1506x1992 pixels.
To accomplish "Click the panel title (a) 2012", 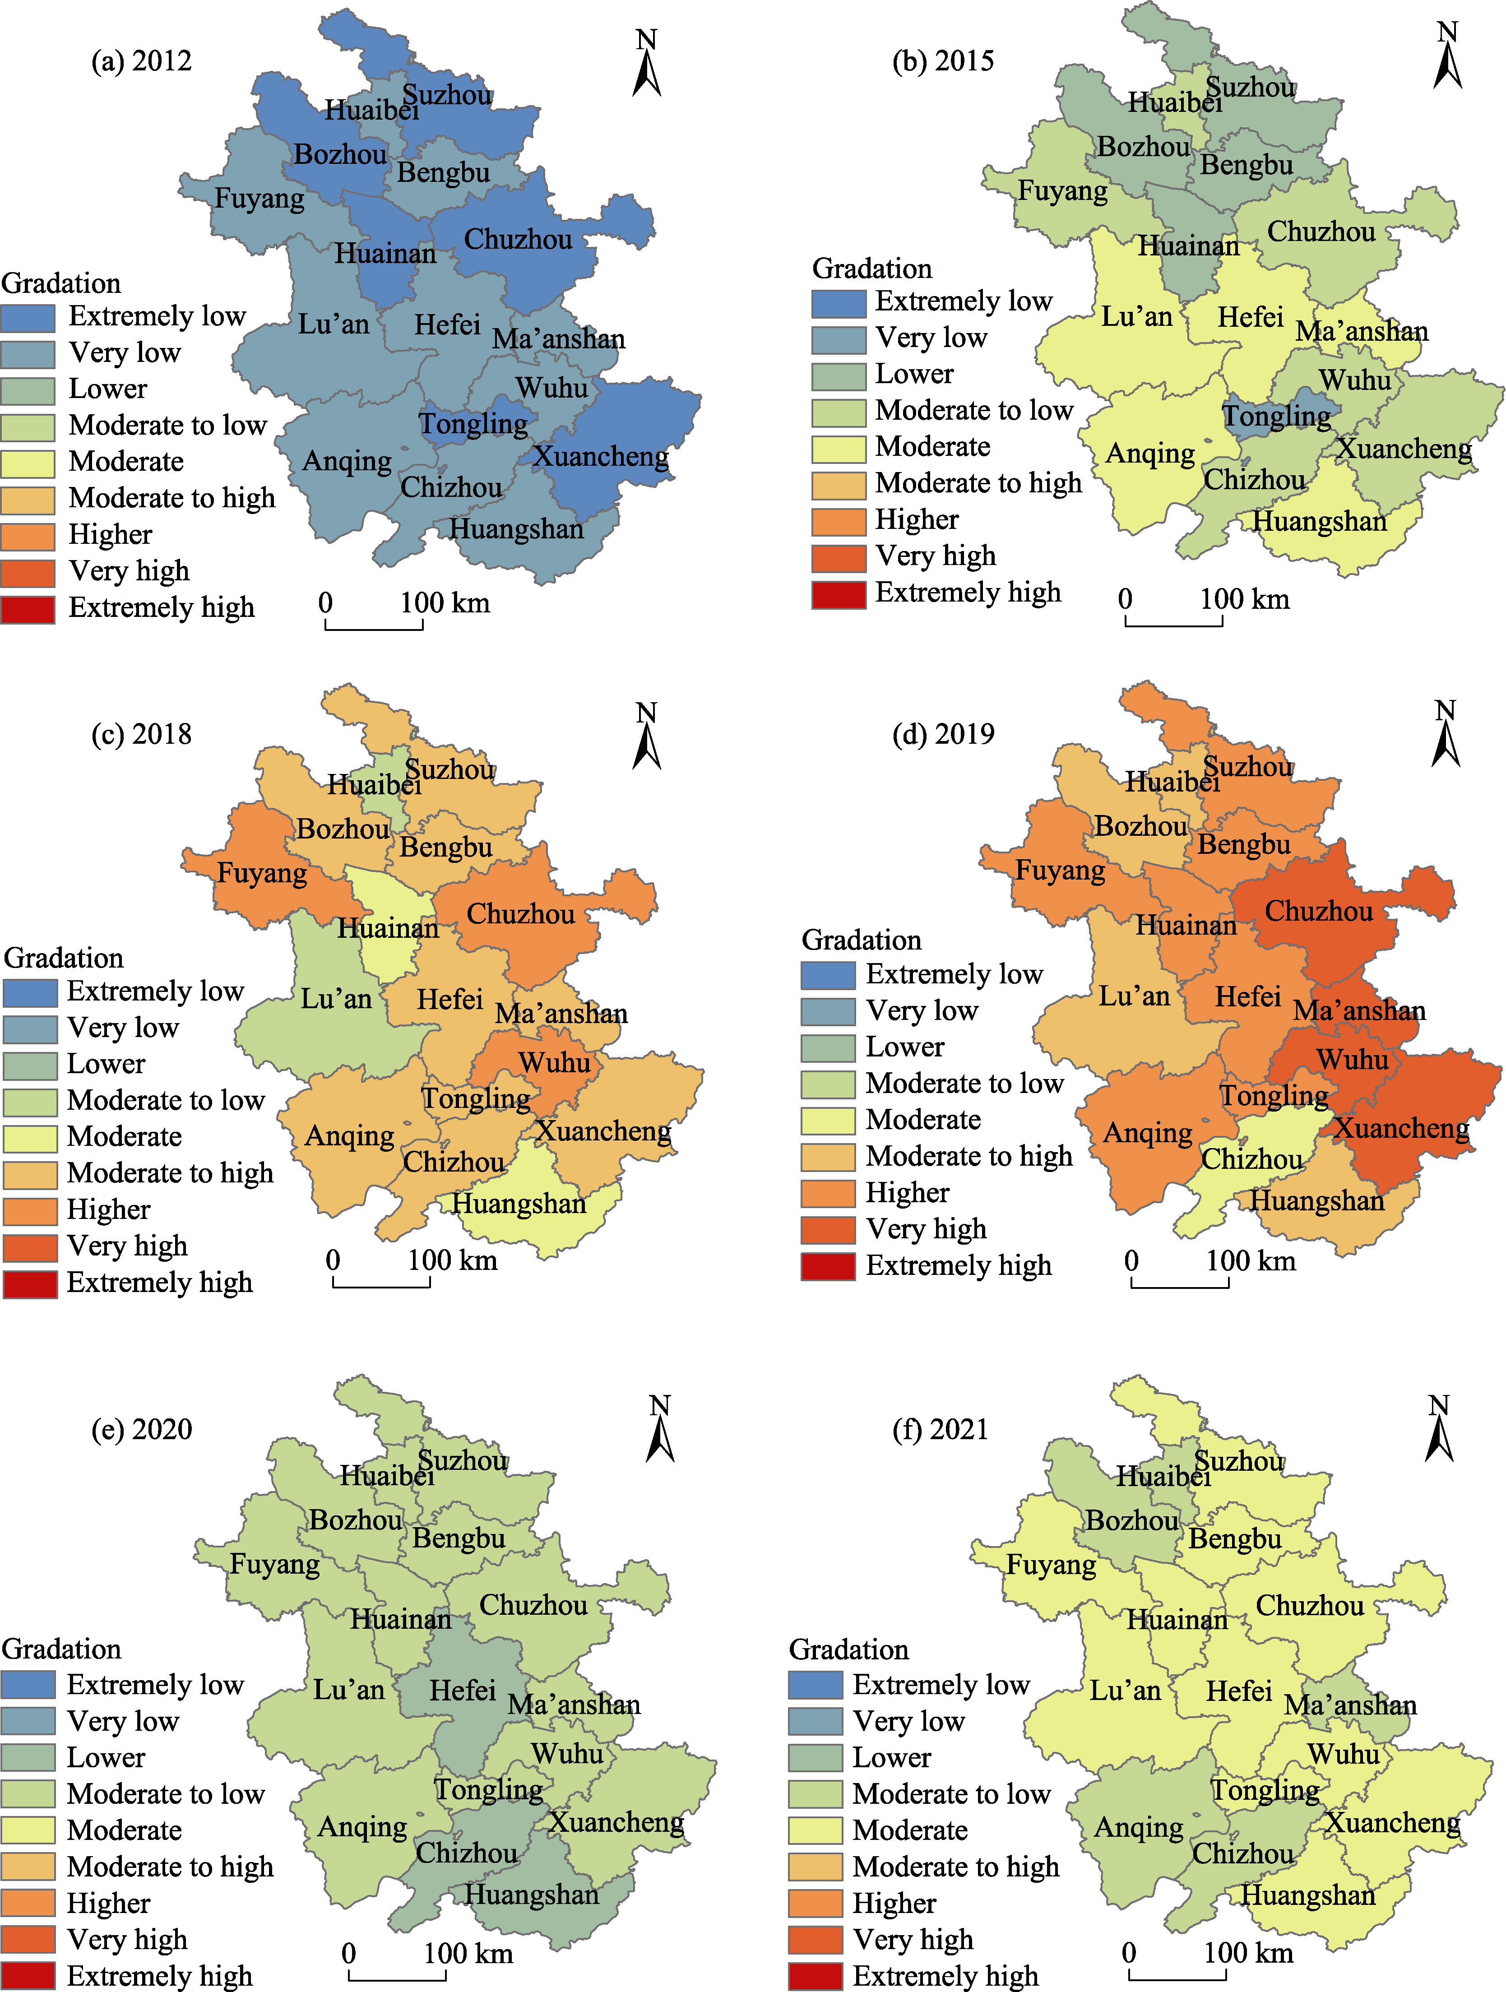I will click(141, 61).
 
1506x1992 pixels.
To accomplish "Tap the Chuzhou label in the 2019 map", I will click(1319, 911).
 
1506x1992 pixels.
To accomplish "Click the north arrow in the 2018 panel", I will click(647, 737).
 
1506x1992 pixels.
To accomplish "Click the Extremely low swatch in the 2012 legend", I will click(28, 317).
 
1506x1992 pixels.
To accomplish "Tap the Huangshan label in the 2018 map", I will click(519, 1204).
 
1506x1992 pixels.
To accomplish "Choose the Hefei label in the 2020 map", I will click(462, 1691).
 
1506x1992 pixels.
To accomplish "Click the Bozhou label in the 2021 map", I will click(1131, 1521).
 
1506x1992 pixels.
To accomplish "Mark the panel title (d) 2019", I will click(943, 734).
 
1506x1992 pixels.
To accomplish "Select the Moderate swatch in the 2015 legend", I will click(839, 448).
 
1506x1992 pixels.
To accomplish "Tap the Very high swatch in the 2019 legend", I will click(828, 1229).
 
